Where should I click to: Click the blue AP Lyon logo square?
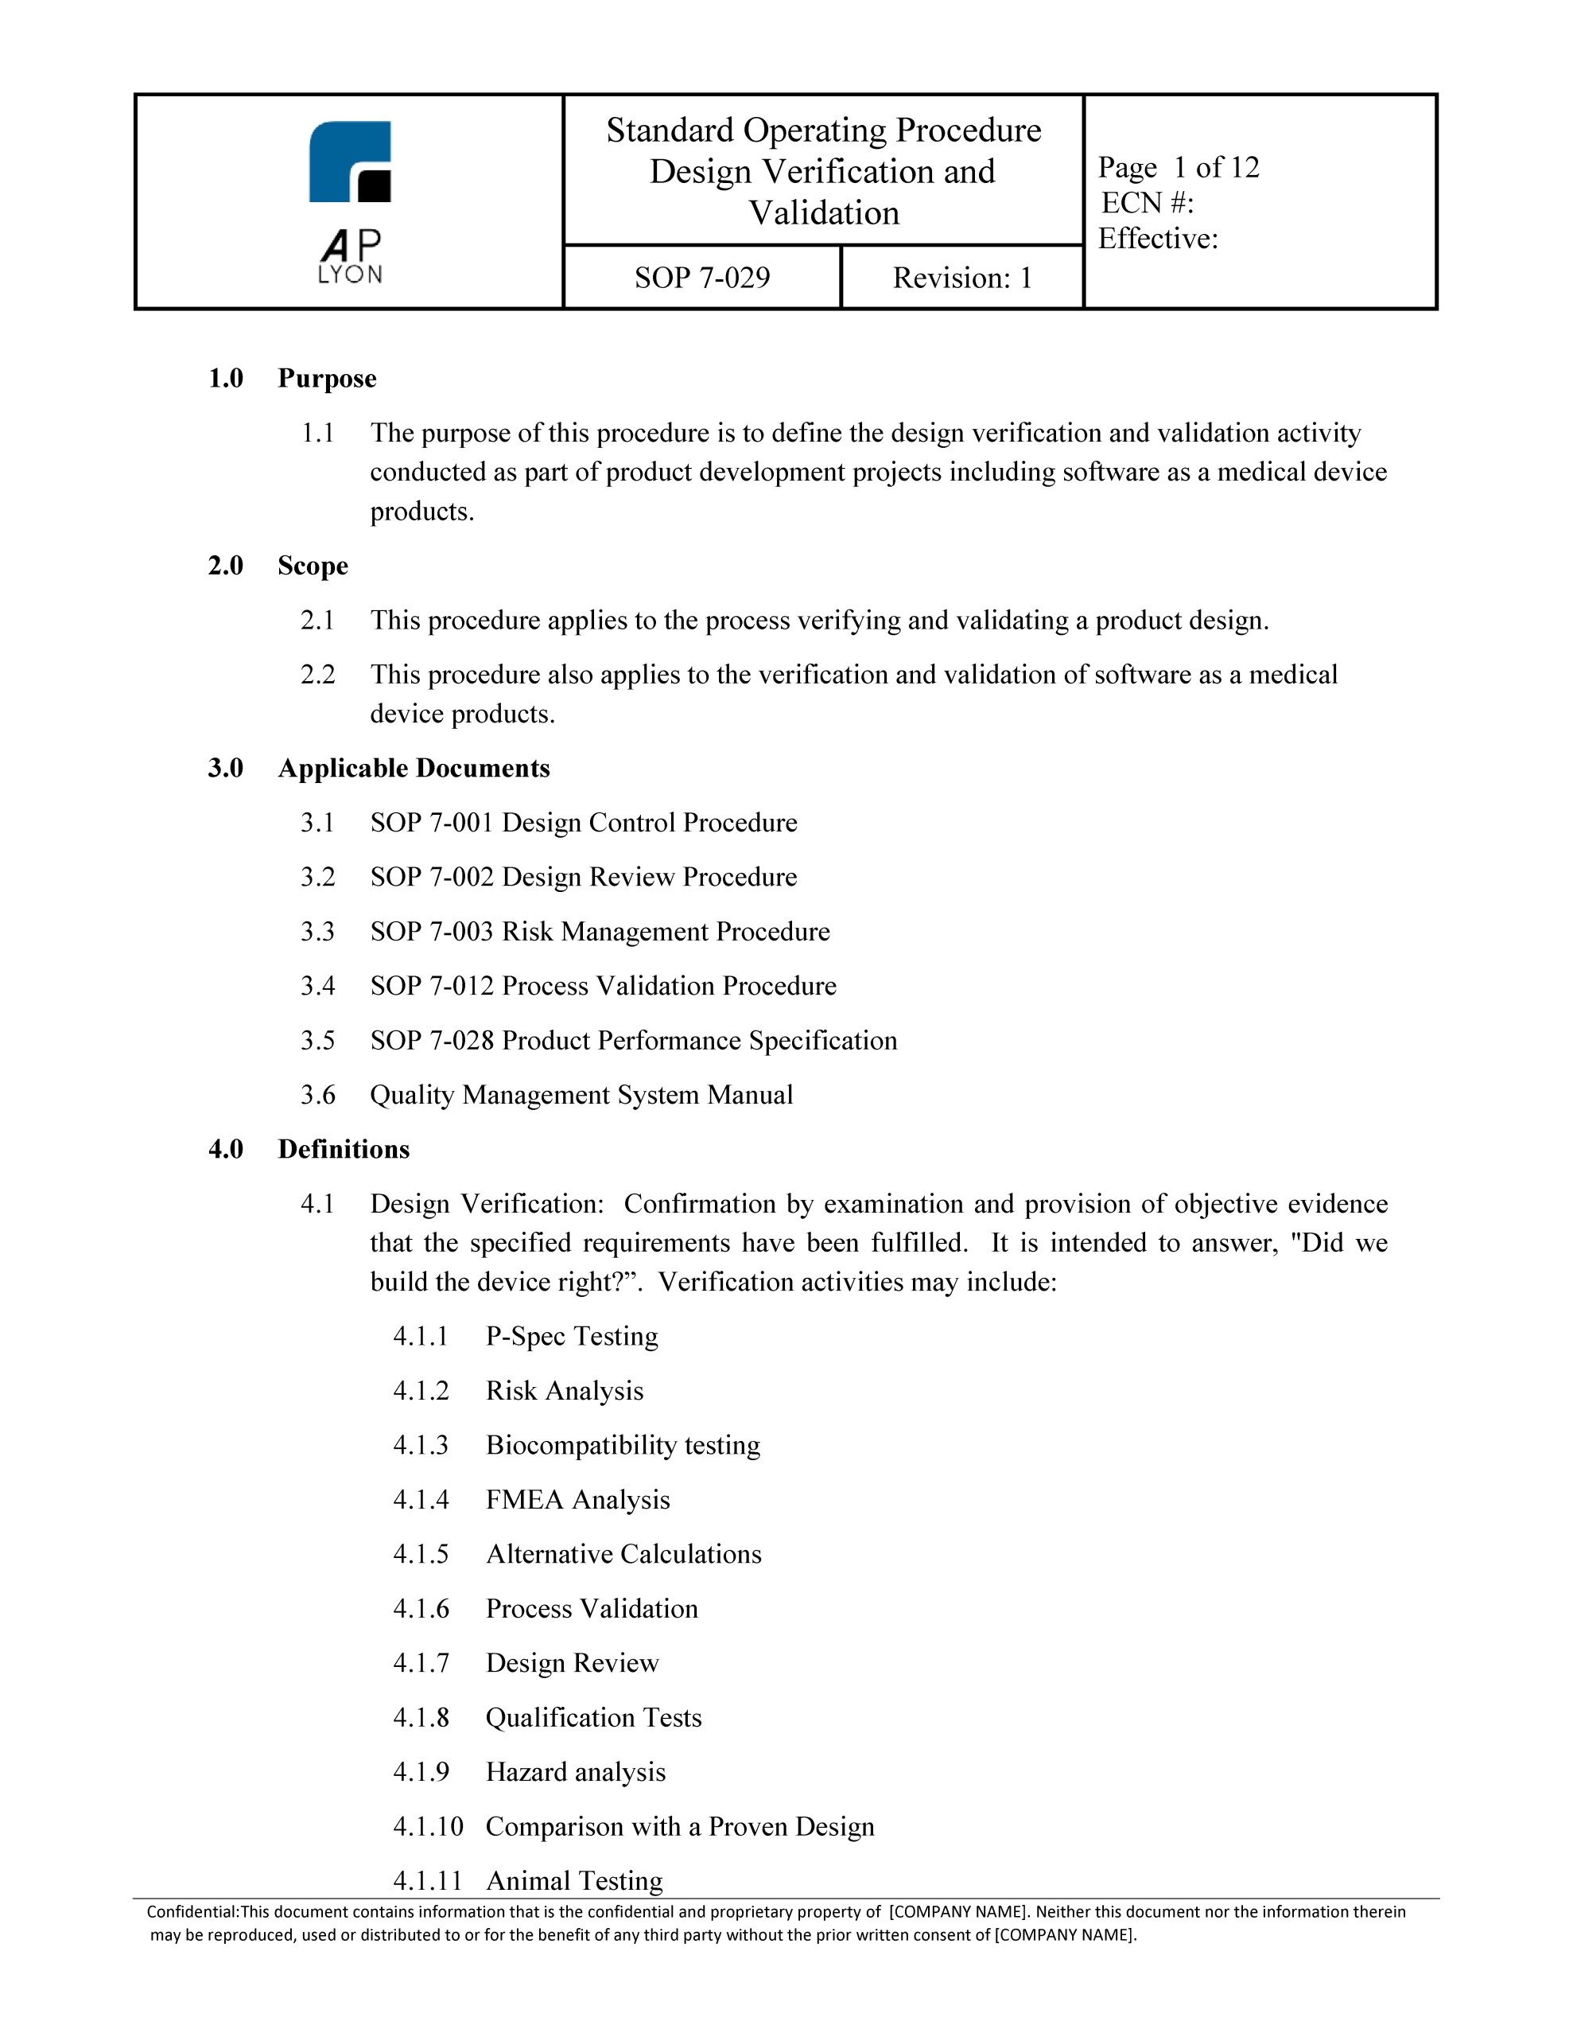[349, 161]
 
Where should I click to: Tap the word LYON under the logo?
[350, 275]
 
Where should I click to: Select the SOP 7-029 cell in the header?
[702, 278]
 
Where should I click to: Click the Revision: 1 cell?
[961, 278]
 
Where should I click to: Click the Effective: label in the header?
[1157, 239]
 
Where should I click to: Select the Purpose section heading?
[326, 379]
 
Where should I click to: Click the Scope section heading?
[313, 567]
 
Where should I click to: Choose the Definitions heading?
[343, 1149]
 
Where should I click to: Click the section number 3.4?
[317, 986]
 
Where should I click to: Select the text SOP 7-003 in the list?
[432, 932]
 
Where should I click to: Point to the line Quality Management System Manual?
[581, 1095]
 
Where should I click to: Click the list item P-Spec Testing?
[572, 1337]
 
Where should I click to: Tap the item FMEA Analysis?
[577, 1500]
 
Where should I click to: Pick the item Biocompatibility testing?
[623, 1446]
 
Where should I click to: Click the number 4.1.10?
[427, 1826]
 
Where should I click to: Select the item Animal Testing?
[574, 1880]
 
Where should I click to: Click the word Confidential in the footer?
[191, 1912]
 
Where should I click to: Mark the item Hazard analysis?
[575, 1772]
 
